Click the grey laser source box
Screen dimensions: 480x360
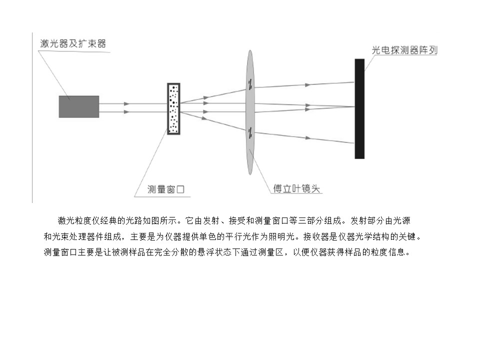78,106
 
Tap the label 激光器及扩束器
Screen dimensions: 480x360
73,43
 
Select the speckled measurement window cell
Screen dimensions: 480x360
173,108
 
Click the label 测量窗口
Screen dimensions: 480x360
166,189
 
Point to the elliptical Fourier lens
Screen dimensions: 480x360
250,112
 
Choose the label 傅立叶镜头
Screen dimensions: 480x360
296,188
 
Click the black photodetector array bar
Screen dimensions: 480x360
359,108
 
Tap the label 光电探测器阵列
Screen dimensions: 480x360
404,50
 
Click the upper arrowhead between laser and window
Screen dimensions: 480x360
126,104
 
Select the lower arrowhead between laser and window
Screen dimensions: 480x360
126,112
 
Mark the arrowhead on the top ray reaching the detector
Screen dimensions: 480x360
307,85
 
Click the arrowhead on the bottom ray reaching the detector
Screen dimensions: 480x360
307,138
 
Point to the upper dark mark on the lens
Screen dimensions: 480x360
250,84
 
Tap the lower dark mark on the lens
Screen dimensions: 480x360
250,132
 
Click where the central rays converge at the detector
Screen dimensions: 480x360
354,107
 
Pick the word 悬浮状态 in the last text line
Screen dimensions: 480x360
214,252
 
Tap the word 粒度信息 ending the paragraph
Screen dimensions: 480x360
388,252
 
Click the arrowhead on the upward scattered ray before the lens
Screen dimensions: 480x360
206,97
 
